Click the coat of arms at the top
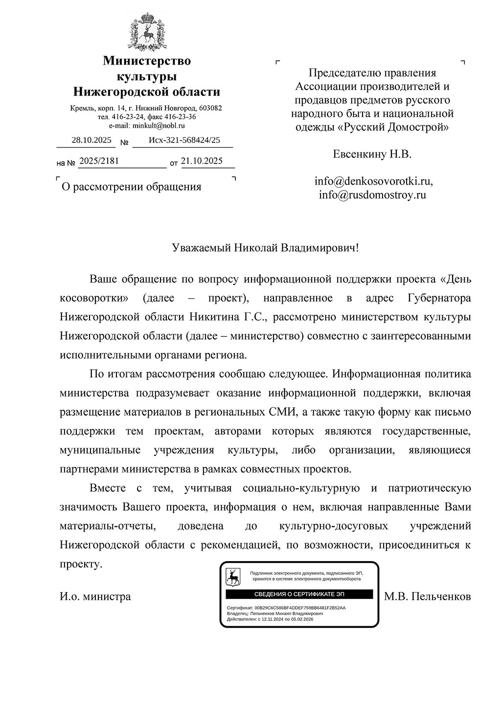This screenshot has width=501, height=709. [x=146, y=30]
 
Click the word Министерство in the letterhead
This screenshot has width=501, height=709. [x=146, y=61]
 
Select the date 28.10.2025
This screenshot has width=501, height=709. [x=91, y=140]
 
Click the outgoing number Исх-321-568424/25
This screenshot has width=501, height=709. [x=184, y=140]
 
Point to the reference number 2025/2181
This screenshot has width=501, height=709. [x=99, y=161]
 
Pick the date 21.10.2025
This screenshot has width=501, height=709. [x=202, y=161]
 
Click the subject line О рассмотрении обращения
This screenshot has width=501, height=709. [x=131, y=187]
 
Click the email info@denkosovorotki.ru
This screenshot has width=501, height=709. [x=373, y=181]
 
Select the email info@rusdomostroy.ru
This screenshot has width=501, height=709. [x=372, y=195]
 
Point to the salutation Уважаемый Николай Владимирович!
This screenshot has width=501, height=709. [x=265, y=247]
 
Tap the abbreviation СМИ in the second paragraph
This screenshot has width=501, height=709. [x=282, y=412]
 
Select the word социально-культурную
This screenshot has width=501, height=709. [x=301, y=488]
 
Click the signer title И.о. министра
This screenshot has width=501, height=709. [x=95, y=596]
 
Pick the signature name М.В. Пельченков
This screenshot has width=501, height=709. [x=427, y=596]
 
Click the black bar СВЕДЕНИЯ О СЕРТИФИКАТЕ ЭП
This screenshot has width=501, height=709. [x=299, y=594]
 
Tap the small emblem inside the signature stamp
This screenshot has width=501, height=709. [x=233, y=577]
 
